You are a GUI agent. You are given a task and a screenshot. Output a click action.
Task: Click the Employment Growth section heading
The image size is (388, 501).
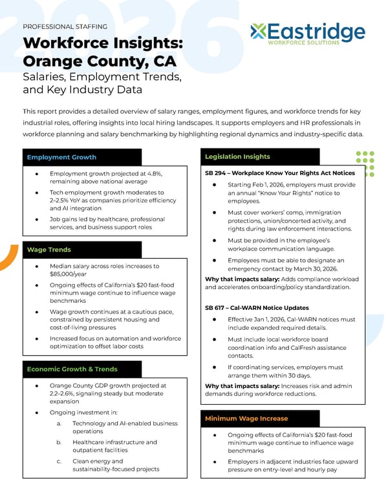click(61, 157)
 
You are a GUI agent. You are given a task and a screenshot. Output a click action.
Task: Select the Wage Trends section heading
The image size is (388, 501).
click(49, 249)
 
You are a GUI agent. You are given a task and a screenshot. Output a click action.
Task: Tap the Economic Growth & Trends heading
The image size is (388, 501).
click(72, 369)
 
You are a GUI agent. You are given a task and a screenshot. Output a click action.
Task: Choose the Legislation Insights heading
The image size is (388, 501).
click(237, 156)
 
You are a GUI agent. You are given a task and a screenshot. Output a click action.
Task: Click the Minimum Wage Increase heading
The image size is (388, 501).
click(246, 418)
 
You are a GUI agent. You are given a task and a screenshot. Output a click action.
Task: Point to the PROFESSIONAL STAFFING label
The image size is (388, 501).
click(65, 26)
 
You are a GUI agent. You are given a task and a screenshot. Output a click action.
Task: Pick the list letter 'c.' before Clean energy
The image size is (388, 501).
click(59, 461)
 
